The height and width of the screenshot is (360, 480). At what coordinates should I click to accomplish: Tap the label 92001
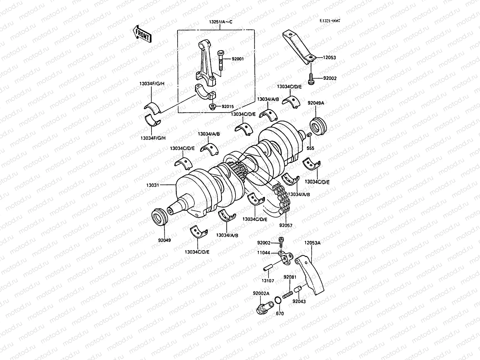point(238,59)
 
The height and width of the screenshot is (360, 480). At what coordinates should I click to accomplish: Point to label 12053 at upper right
point(329,57)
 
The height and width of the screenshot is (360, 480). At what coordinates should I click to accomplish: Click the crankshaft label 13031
point(153,185)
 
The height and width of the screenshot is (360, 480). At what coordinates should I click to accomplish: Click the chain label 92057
point(286,225)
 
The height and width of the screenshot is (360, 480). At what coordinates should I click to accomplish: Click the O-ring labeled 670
point(278,300)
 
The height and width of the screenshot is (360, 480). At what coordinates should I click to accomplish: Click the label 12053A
point(312,243)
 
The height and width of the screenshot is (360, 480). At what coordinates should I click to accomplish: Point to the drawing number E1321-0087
point(330,21)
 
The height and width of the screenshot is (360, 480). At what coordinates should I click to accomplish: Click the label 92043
point(299,301)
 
